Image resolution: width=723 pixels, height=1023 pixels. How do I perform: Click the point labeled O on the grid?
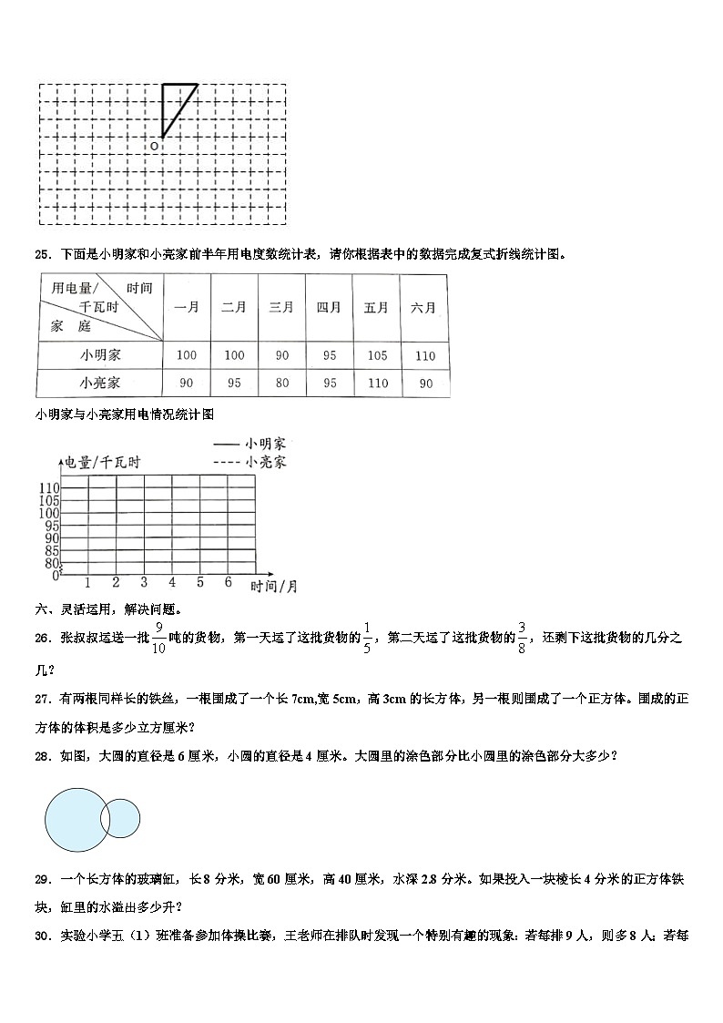tap(154, 145)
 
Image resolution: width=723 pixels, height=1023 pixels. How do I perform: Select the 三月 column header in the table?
tap(280, 308)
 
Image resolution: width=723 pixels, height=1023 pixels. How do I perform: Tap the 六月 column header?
tap(423, 308)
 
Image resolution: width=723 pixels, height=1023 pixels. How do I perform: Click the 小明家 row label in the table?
tap(100, 355)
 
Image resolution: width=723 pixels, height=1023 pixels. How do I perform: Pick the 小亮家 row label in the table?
tap(100, 383)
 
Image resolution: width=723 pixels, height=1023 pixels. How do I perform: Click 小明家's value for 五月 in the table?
tap(376, 355)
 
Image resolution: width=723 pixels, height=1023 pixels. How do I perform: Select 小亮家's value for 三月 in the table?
tap(280, 383)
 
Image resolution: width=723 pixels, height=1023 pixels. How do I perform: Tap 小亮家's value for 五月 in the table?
tap(376, 383)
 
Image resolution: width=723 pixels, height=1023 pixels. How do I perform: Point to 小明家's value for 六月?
tap(423, 355)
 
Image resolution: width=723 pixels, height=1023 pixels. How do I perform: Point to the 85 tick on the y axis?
tap(51, 550)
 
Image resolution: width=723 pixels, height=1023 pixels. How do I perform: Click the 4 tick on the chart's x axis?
tap(172, 582)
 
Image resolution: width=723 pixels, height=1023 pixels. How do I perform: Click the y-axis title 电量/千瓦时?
tap(102, 463)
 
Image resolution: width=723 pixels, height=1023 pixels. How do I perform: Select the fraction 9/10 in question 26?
tap(158, 638)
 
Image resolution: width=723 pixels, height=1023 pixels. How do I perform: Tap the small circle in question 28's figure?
tap(121, 817)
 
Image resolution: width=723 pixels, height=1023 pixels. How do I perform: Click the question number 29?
tap(42, 879)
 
